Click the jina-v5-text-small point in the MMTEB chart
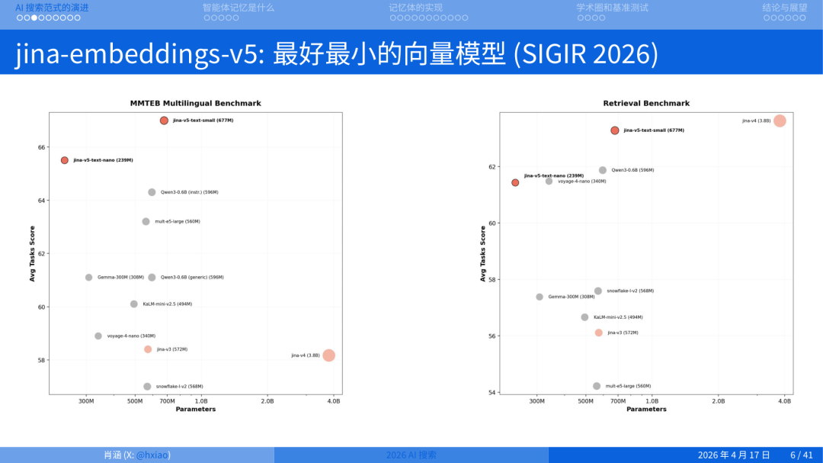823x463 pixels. [x=164, y=121]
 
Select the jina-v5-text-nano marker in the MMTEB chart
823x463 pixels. [x=65, y=160]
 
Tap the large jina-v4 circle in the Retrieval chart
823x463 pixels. [x=780, y=121]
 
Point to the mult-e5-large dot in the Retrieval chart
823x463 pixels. [x=597, y=386]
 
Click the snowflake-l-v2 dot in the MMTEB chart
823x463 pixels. [x=147, y=387]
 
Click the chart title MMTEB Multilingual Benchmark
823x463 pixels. [x=195, y=103]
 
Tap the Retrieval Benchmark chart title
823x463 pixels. [x=646, y=103]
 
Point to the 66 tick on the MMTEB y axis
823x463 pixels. [x=42, y=147]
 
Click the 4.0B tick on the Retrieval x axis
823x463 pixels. [x=785, y=401]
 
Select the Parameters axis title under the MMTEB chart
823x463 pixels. [x=195, y=410]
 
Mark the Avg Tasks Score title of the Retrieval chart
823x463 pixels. [x=483, y=253]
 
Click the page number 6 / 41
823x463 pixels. [x=802, y=455]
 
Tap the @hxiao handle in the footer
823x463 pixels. [x=152, y=455]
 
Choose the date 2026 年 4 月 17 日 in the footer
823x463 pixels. [x=734, y=455]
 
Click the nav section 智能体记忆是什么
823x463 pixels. [x=238, y=8]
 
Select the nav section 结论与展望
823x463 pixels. [x=784, y=8]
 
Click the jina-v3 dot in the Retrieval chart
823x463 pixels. [x=598, y=333]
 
